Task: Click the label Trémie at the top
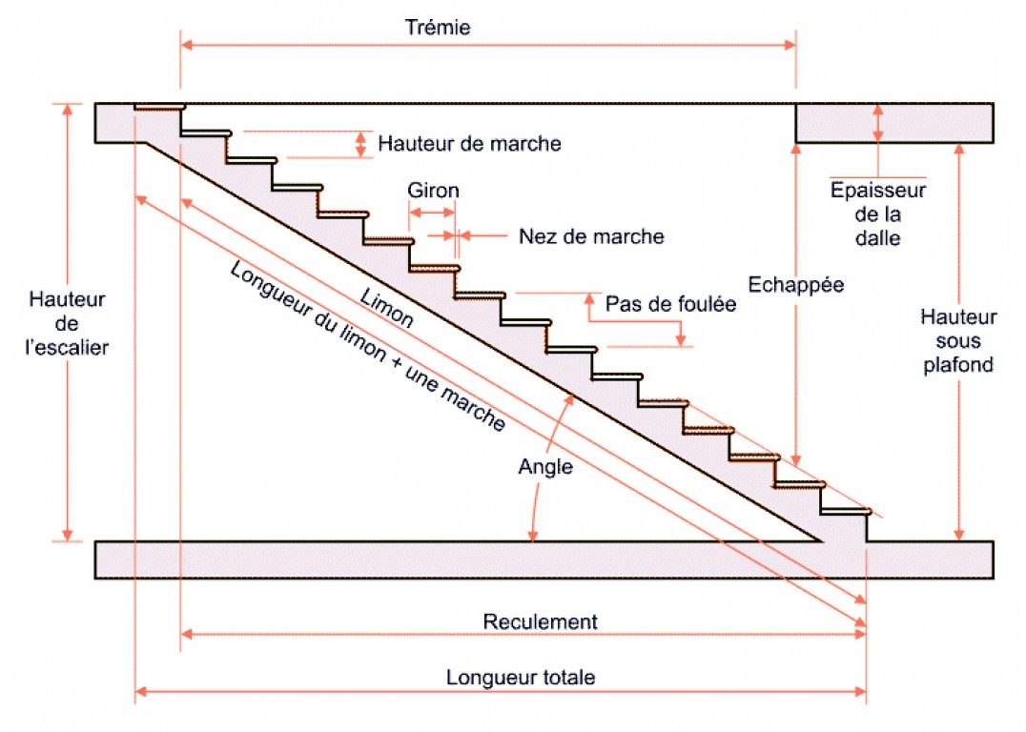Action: click(x=438, y=27)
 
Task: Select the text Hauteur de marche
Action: click(x=469, y=144)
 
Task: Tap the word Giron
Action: click(x=433, y=190)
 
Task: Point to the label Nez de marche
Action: click(x=591, y=236)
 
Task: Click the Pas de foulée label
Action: click(x=671, y=305)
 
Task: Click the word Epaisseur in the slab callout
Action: click(x=878, y=190)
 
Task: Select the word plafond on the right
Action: click(x=958, y=364)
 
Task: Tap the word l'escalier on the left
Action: click(x=67, y=348)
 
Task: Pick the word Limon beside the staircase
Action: click(x=387, y=307)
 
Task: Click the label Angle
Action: click(x=545, y=467)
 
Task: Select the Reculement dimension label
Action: click(x=540, y=622)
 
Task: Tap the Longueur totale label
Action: click(x=521, y=678)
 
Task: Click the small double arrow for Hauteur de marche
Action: click(x=360, y=144)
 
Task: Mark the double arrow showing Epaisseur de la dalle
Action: click(x=878, y=123)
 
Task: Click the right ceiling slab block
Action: click(x=894, y=123)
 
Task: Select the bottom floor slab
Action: click(x=544, y=559)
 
